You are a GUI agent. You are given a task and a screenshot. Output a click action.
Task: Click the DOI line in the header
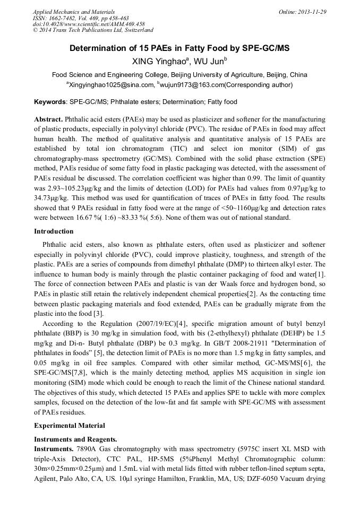pyautogui.click(x=88, y=24)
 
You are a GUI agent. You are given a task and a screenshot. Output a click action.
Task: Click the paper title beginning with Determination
pyautogui.click(x=179, y=48)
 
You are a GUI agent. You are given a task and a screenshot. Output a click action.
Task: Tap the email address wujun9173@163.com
pyautogui.click(x=192, y=84)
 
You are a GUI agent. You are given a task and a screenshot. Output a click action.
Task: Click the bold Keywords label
pyautogui.click(x=50, y=102)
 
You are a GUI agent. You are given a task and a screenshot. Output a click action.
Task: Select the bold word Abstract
pyautogui.click(x=48, y=120)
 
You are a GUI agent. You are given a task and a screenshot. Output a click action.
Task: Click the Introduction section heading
pyautogui.click(x=54, y=231)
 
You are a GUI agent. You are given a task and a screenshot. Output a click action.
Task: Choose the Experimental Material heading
pyautogui.click(x=69, y=425)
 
